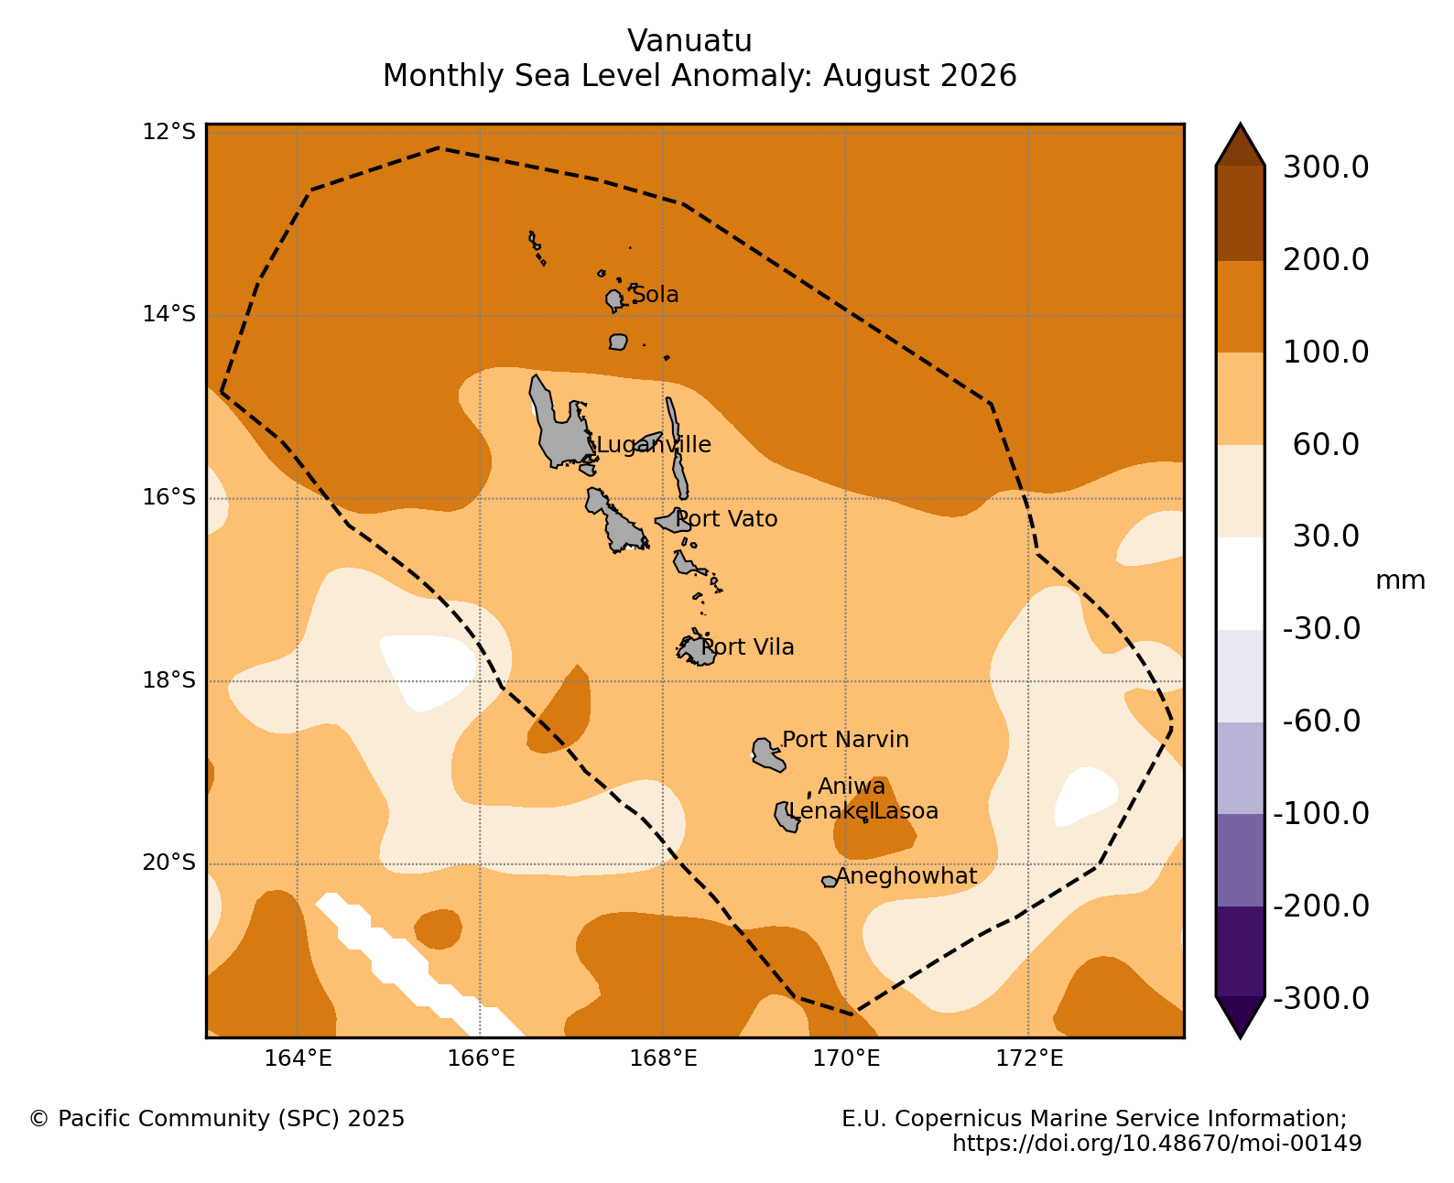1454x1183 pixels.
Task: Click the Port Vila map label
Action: pos(747,646)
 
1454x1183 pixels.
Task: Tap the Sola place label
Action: pos(655,294)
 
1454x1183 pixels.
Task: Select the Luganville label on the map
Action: pos(653,444)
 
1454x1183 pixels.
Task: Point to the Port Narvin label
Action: pos(845,739)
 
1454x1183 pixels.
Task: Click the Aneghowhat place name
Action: pos(906,876)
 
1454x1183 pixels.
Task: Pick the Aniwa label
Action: pos(852,786)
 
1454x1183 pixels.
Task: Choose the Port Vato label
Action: pos(726,519)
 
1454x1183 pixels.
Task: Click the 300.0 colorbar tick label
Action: pos(1326,168)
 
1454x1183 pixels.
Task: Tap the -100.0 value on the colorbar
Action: pos(1321,814)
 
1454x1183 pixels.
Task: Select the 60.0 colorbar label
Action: pos(1326,444)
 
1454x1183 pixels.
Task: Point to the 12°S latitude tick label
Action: pos(168,131)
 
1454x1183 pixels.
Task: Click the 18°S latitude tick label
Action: pos(168,680)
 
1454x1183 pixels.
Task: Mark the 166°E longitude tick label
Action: pos(481,1058)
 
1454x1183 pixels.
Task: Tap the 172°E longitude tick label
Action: pos(1029,1058)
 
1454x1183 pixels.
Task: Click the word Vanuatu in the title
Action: pos(689,41)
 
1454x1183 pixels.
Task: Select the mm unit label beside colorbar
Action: pos(1400,581)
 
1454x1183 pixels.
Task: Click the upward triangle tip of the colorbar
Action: pos(1240,125)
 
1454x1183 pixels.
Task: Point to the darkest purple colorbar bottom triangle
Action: pos(1240,1017)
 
